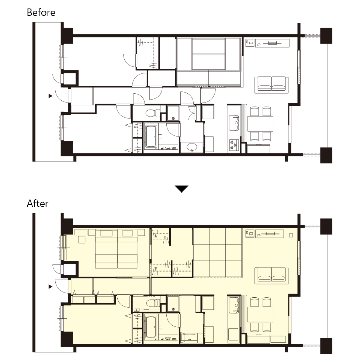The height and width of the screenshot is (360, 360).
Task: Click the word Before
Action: click(x=41, y=13)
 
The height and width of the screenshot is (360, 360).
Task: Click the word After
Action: click(x=38, y=203)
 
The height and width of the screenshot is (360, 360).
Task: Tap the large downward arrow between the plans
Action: click(x=181, y=189)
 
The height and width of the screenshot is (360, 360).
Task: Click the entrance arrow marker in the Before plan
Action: click(x=51, y=96)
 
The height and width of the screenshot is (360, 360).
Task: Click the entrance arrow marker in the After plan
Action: click(x=51, y=287)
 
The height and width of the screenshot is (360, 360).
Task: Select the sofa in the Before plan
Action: click(x=271, y=85)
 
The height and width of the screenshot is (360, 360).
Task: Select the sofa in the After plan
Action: click(x=271, y=276)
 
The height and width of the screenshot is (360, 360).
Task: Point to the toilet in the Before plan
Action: click(x=153, y=113)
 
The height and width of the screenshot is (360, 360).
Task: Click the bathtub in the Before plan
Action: click(x=151, y=136)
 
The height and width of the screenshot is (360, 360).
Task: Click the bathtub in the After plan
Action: click(x=151, y=327)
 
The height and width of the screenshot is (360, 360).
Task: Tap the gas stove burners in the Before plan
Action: click(x=234, y=146)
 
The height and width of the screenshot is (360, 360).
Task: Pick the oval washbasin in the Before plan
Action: click(x=192, y=147)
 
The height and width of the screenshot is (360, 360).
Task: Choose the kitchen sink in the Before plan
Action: click(x=234, y=123)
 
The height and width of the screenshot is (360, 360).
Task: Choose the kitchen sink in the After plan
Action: click(x=234, y=305)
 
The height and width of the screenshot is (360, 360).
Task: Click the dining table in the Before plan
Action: click(x=260, y=124)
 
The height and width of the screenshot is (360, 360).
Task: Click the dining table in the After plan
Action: click(x=260, y=314)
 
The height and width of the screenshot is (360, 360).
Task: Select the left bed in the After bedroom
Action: click(x=106, y=249)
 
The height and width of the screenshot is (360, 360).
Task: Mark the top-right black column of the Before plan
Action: click(x=326, y=36)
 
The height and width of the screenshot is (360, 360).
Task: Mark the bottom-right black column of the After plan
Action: click(x=326, y=346)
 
